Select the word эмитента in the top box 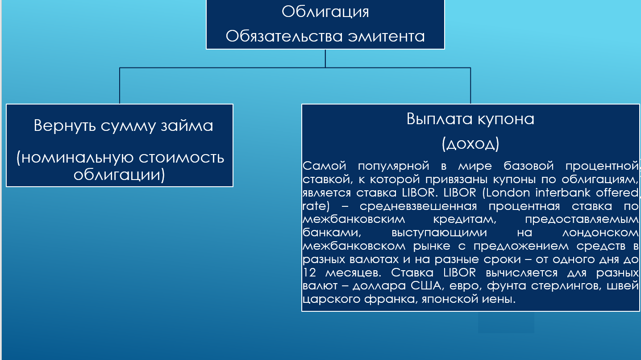386,36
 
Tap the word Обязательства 284,36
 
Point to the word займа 187,126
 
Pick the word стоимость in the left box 181,158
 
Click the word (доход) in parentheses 470,144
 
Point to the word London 508,193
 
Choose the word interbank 563,193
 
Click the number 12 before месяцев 309,272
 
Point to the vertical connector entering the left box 120,86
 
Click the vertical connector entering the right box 470,86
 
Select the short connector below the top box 325,59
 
